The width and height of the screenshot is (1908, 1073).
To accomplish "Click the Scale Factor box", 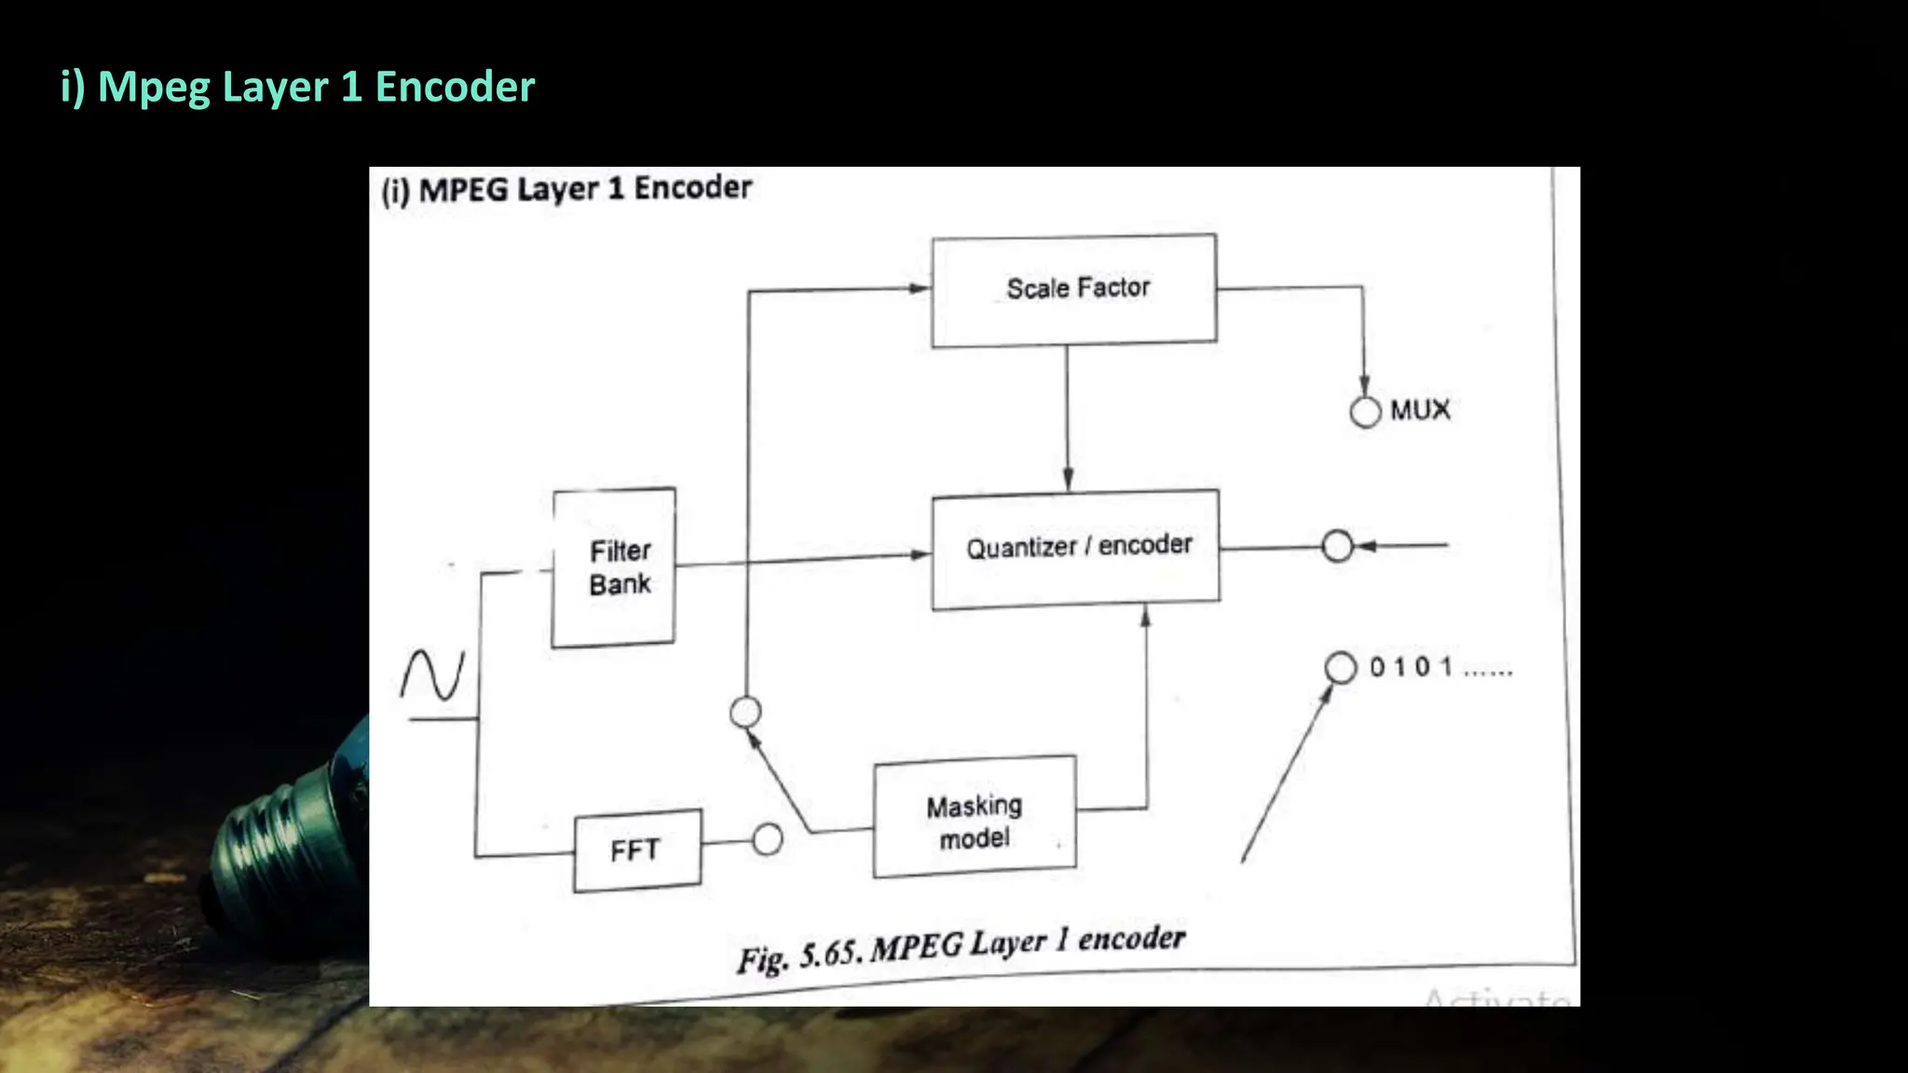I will [x=1074, y=290].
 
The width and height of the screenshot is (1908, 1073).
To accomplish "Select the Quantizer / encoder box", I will [x=1076, y=549].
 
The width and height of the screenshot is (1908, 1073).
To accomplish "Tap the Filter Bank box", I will [x=614, y=567].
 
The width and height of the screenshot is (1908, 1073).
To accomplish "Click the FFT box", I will [x=637, y=849].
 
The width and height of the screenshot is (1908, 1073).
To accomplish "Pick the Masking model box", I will [x=974, y=817].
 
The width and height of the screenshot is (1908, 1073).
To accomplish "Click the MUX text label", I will [x=1420, y=410].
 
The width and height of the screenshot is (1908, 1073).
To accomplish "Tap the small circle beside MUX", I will [x=1365, y=412].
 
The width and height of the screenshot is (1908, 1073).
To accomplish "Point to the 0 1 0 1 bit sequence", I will [x=1439, y=667].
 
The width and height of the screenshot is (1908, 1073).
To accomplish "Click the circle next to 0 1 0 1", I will [x=1341, y=667].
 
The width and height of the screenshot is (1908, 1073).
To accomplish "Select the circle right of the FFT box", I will [x=768, y=839].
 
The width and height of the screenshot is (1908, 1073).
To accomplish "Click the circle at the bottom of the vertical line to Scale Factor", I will [x=745, y=713].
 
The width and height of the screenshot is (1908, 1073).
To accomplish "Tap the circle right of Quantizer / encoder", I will [x=1337, y=546].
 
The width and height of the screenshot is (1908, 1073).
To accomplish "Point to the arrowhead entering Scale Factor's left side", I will [x=920, y=288].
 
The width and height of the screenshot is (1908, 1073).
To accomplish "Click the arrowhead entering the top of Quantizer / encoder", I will [x=1068, y=480].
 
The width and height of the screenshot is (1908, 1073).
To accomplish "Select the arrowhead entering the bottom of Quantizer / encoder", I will [x=1146, y=617].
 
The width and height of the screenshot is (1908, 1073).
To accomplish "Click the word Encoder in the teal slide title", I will [x=455, y=87].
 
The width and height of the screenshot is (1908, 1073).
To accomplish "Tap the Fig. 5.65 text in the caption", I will [x=801, y=956].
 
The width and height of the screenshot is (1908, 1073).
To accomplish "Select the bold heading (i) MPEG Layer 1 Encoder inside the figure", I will [x=566, y=189].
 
